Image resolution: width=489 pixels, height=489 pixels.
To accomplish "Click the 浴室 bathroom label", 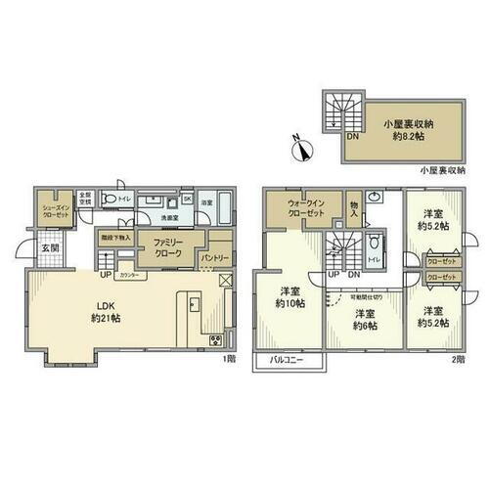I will pos(207,202).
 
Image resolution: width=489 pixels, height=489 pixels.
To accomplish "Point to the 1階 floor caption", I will pos(228,359).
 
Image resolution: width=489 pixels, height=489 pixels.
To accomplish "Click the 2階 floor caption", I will pos(458,359).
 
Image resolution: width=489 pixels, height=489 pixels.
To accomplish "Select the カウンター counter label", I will pos(134,276).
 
